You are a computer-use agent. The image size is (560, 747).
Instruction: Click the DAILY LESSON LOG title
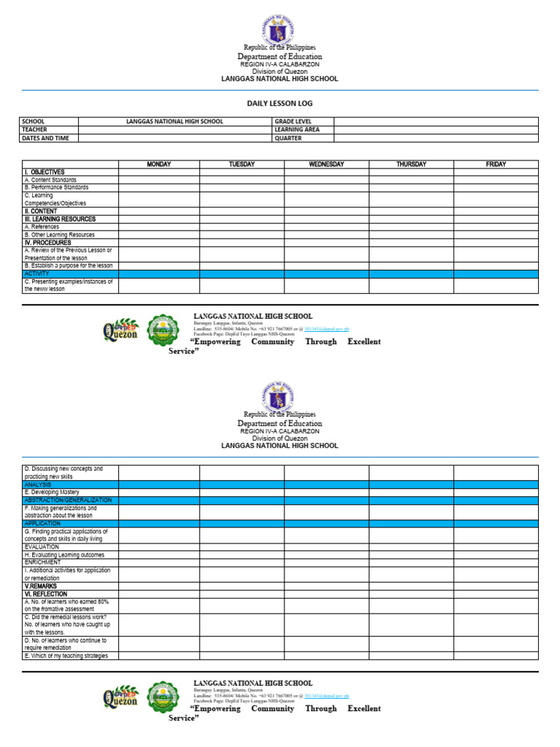(x=279, y=104)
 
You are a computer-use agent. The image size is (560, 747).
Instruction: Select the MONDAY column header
(x=159, y=164)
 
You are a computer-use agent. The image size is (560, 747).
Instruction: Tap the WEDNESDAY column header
(x=326, y=164)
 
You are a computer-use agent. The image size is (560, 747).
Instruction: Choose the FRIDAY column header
(x=496, y=164)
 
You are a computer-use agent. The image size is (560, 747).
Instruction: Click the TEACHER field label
(x=34, y=130)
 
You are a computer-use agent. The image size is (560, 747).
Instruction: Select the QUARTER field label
(x=288, y=138)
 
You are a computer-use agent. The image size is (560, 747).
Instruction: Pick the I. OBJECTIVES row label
(x=44, y=172)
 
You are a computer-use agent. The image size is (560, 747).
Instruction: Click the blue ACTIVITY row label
(x=37, y=274)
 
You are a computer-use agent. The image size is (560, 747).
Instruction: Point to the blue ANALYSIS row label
(x=38, y=484)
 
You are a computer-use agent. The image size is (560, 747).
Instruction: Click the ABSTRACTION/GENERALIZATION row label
(x=68, y=500)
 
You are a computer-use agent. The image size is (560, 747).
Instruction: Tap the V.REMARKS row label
(x=41, y=586)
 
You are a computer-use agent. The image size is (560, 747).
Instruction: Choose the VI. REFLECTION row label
(x=47, y=594)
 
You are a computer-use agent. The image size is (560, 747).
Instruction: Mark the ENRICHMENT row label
(x=43, y=562)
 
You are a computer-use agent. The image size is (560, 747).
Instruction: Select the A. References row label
(x=42, y=227)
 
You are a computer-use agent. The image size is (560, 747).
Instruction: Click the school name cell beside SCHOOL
(x=175, y=122)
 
